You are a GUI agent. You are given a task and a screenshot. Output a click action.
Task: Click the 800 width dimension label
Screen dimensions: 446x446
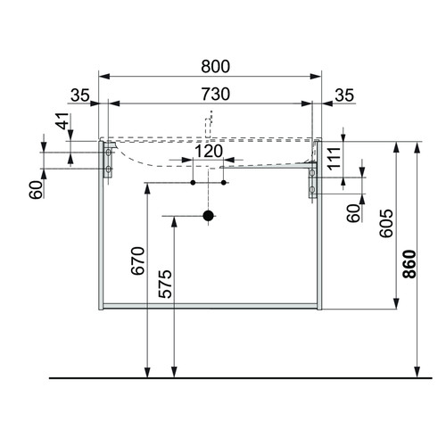216,66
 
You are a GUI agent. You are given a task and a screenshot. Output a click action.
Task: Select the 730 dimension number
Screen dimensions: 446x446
216,94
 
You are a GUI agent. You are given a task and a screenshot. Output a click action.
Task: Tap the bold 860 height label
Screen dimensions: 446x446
409,264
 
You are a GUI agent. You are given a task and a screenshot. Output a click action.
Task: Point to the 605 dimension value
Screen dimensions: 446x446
386,223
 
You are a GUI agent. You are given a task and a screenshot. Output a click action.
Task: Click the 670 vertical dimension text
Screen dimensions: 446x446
138,260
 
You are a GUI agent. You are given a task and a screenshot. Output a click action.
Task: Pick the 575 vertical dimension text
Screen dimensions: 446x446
165,284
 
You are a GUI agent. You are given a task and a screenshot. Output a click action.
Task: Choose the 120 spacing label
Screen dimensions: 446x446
209,151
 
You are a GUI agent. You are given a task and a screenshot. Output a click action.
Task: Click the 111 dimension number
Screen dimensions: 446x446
334,158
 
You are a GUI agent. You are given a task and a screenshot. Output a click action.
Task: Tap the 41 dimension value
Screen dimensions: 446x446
62,121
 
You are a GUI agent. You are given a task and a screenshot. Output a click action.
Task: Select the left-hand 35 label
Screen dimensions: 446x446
80,95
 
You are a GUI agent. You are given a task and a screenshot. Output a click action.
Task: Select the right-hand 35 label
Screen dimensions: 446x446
344,95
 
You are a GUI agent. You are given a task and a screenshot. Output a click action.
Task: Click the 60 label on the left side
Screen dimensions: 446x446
37,190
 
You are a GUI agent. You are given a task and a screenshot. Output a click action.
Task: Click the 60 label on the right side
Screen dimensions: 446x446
353,213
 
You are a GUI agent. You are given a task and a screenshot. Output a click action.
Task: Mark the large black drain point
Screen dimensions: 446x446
208,216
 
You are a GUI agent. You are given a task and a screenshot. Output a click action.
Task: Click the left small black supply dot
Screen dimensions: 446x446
193,183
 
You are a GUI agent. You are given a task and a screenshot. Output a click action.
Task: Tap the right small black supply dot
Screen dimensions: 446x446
224,183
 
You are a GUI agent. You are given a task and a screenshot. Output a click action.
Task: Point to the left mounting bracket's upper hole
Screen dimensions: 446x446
108,153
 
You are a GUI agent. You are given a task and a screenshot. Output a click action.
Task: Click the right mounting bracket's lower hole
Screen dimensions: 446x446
312,189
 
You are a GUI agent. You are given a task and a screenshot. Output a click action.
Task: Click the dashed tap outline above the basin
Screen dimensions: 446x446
209,124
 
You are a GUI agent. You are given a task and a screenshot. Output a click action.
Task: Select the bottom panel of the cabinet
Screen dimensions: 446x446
210,306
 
